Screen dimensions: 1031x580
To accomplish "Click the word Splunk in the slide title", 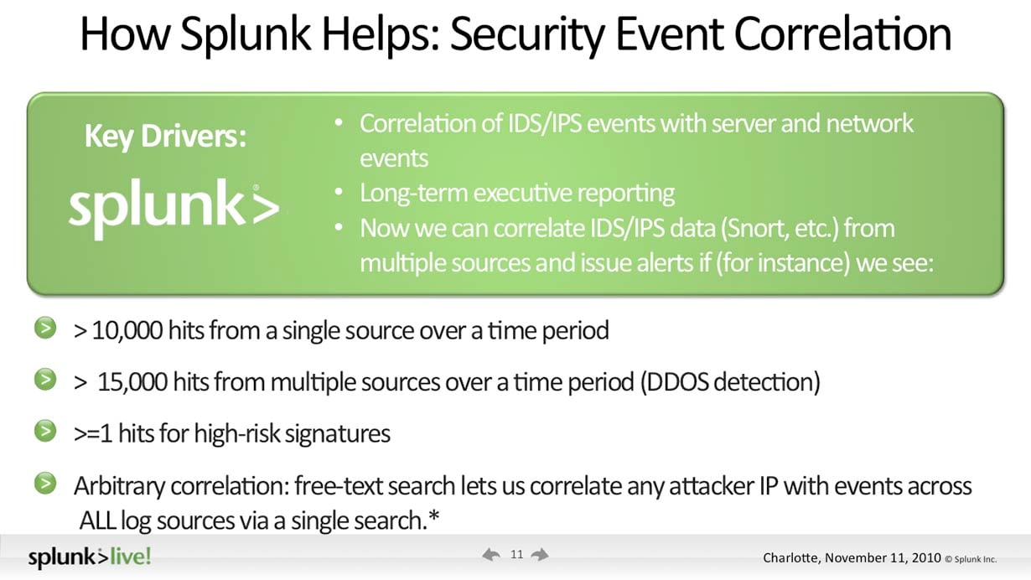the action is click(246, 35).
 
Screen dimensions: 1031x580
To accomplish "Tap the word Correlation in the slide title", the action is click(842, 34).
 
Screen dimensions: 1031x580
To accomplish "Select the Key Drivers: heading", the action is click(166, 137).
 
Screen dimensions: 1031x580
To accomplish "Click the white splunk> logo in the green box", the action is click(174, 209).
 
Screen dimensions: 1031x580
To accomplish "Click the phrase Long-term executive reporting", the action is click(517, 193).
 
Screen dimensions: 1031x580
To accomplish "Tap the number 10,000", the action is click(127, 330).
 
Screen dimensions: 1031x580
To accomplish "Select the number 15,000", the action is click(132, 382).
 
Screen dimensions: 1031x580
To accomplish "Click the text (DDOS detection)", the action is click(730, 382).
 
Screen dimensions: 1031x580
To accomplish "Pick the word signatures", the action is click(337, 434).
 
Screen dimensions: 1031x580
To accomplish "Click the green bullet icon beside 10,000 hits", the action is click(45, 329).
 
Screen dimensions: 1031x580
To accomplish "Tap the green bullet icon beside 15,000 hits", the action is click(45, 380).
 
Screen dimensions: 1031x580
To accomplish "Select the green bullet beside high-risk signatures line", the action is click(45, 432).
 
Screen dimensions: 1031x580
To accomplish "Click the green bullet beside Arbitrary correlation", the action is click(45, 484).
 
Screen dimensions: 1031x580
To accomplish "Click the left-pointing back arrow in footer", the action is click(491, 555).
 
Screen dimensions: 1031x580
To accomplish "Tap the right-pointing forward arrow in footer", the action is click(540, 555).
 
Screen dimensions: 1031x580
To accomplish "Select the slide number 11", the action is click(516, 554).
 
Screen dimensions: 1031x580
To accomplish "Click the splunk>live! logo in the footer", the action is click(90, 557).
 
